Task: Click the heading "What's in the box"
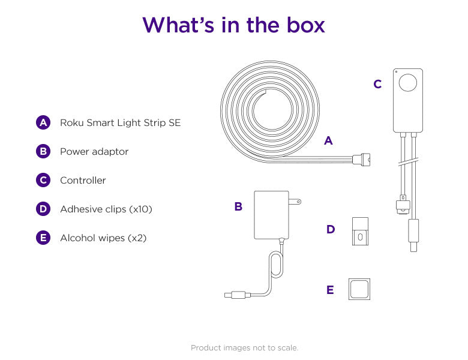[x=233, y=25]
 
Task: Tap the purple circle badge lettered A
[x=43, y=122]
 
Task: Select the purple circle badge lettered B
[x=43, y=151]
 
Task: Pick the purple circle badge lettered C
[x=43, y=180]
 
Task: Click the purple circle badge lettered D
[x=43, y=209]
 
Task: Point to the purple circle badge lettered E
[x=43, y=238]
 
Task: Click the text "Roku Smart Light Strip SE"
[x=120, y=122]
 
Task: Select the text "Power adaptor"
[x=94, y=151]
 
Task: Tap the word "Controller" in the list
[x=83, y=180]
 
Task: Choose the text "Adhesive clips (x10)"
[x=106, y=209]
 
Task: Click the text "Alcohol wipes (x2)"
[x=103, y=238]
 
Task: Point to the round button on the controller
[x=409, y=82]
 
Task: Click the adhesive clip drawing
[x=360, y=232]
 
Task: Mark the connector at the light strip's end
[x=362, y=160]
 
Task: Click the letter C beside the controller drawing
[x=377, y=84]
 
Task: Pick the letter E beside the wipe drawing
[x=330, y=290]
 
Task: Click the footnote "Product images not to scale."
[x=244, y=347]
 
